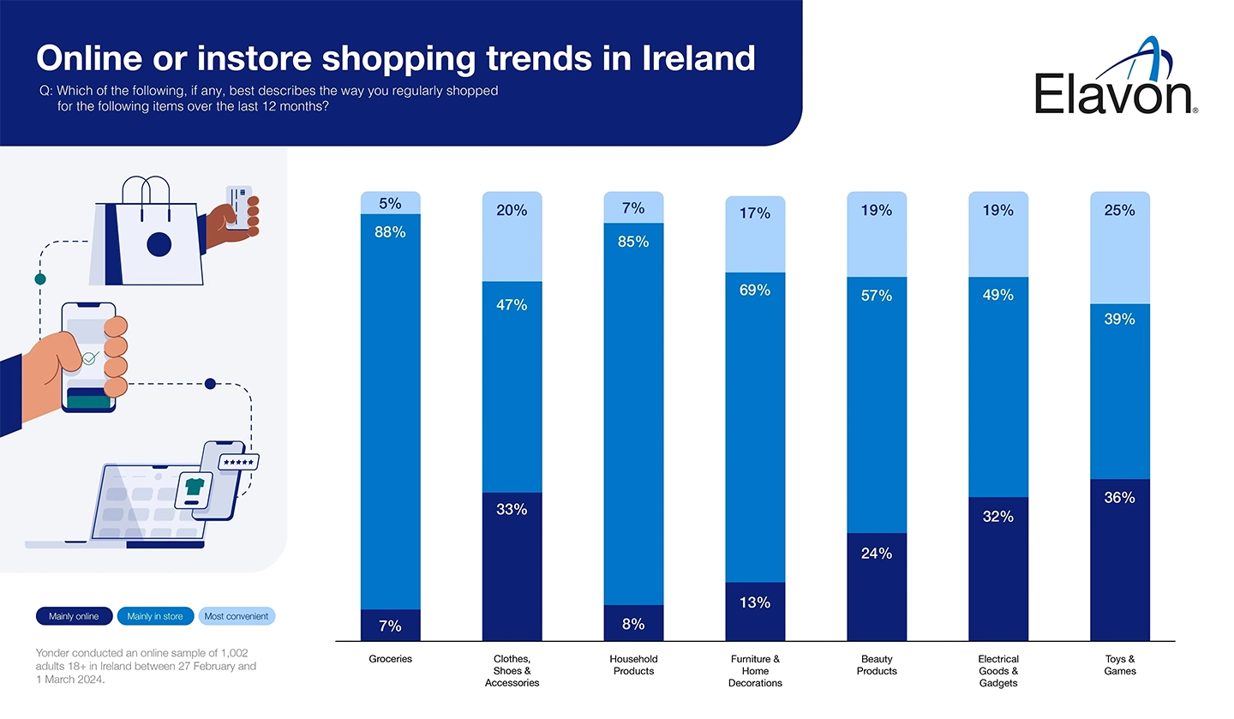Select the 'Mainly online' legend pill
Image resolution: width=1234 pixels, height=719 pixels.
pyautogui.click(x=74, y=616)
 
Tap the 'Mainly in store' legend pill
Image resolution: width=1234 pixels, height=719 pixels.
pyautogui.click(x=155, y=616)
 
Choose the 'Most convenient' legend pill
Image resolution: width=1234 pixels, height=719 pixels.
pyautogui.click(x=237, y=616)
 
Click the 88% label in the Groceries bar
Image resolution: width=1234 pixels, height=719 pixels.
pyautogui.click(x=390, y=231)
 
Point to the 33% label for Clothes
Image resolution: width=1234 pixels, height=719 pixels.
pyautogui.click(x=512, y=509)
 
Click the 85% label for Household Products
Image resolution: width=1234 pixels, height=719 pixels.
pyautogui.click(x=633, y=242)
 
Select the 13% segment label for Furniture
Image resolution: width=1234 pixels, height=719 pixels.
pyautogui.click(x=755, y=602)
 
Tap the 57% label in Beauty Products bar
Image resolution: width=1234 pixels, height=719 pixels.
pyautogui.click(x=877, y=296)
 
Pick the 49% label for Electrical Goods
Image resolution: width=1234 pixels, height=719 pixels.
pyautogui.click(x=998, y=295)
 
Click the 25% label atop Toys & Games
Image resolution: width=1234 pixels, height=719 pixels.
pyautogui.click(x=1119, y=210)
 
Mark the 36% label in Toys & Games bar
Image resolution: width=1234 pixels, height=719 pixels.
pyautogui.click(x=1119, y=497)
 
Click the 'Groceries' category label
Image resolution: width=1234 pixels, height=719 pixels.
pyautogui.click(x=390, y=659)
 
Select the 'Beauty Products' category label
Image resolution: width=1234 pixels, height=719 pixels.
pyautogui.click(x=877, y=665)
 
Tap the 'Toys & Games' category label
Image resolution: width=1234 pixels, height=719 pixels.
pyautogui.click(x=1119, y=665)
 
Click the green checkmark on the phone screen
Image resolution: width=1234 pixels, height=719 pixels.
pyautogui.click(x=89, y=357)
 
